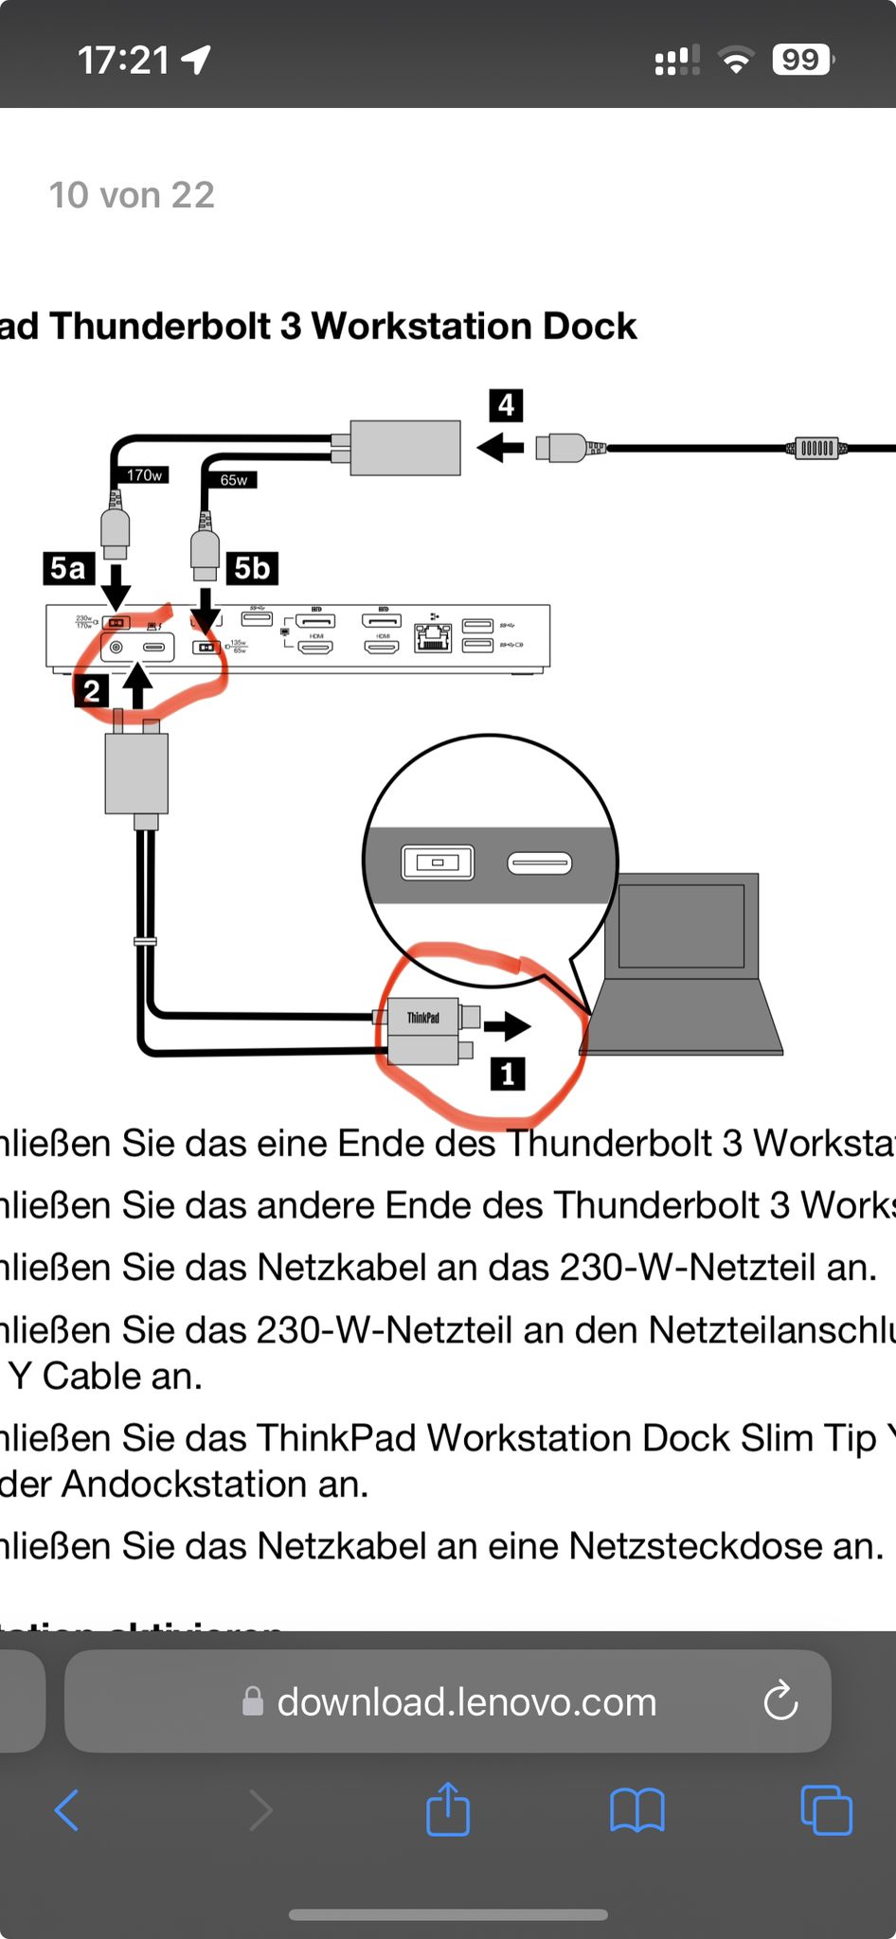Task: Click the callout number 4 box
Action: (x=507, y=405)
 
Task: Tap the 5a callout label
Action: (x=68, y=568)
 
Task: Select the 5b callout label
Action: (x=252, y=568)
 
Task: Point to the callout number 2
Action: (x=91, y=690)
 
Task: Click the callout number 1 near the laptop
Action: (x=508, y=1074)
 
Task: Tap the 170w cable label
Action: (x=145, y=474)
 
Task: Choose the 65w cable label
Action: (x=233, y=480)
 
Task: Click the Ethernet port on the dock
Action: (x=433, y=640)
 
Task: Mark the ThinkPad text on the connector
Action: (x=423, y=1018)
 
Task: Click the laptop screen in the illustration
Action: (x=680, y=926)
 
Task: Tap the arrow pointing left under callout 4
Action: (x=500, y=446)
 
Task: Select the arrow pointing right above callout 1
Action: (x=508, y=1025)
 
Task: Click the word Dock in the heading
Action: (x=589, y=326)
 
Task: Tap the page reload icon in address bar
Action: (x=780, y=1701)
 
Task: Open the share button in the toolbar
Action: (x=448, y=1809)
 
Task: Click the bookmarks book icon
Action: (x=637, y=1810)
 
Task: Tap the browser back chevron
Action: (x=67, y=1810)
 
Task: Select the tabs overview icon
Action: (x=826, y=1810)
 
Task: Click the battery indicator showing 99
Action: (x=801, y=60)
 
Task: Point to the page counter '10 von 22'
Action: (x=132, y=195)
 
